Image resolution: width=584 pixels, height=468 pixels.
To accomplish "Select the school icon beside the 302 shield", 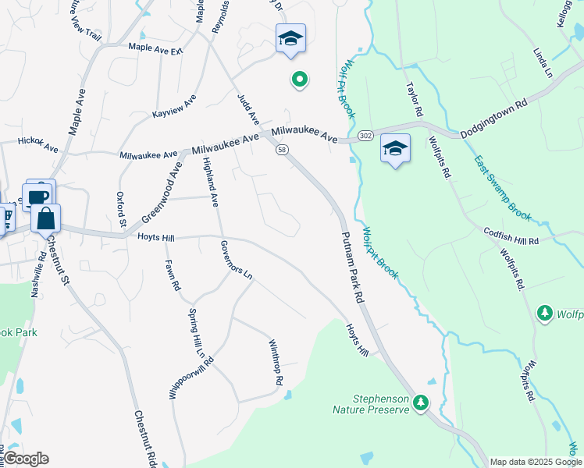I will pos(395,148).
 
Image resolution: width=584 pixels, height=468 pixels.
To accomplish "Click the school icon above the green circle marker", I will pos(290,38).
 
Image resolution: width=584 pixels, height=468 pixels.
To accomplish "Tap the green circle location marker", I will pos(298,79).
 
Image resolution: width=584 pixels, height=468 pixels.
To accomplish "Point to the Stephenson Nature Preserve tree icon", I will pos(422,402).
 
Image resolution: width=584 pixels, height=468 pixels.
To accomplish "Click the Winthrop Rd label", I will pos(276,363).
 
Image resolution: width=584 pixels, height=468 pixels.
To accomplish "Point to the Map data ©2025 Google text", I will pos(536,462).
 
